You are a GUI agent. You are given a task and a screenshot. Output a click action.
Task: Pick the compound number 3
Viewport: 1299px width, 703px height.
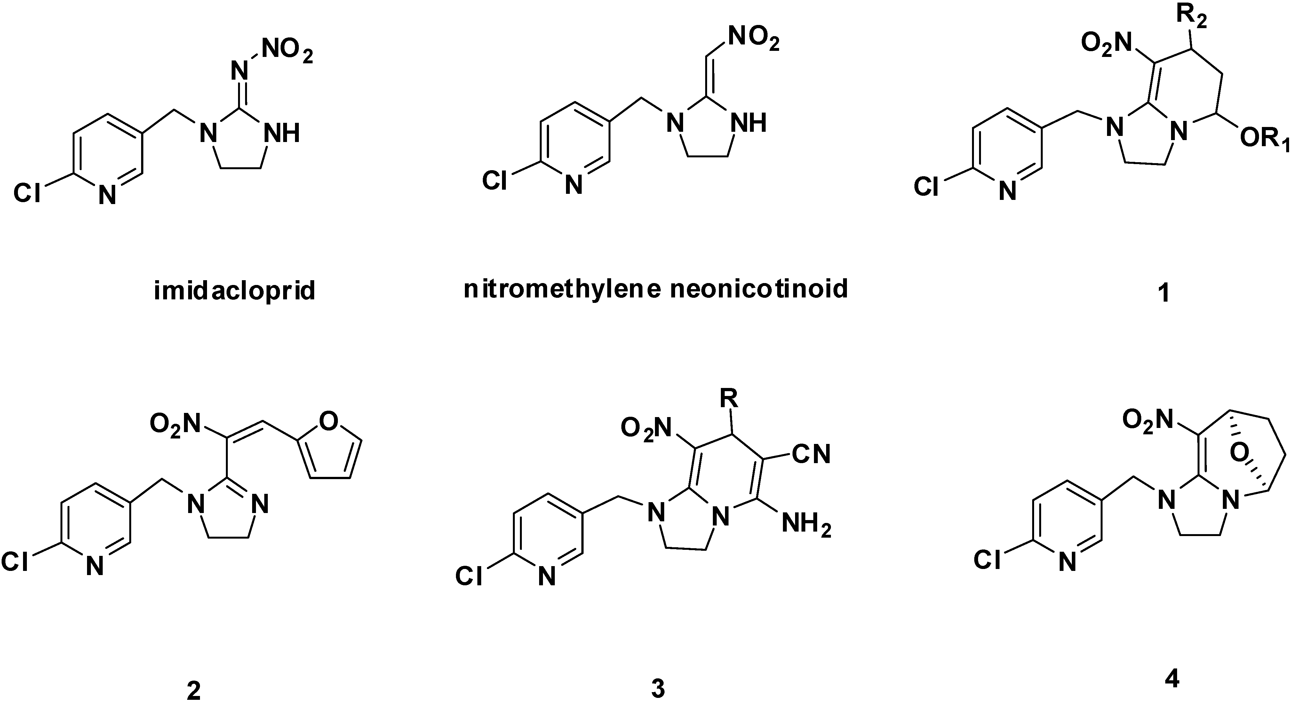point(657,688)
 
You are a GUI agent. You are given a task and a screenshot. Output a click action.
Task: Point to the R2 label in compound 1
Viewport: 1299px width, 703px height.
point(1189,19)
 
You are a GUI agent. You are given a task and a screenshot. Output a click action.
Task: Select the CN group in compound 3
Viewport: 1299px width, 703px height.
point(811,454)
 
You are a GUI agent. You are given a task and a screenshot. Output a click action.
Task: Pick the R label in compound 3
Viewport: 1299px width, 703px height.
point(729,399)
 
